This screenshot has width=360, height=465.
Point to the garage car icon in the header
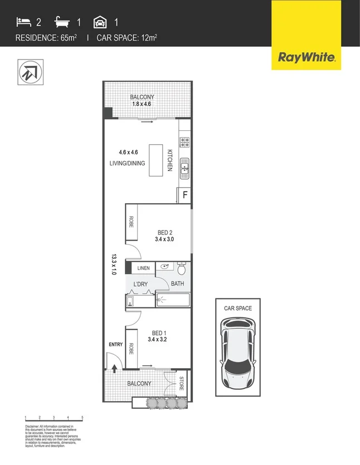(x=100, y=22)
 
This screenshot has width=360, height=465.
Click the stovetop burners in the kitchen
(x=184, y=141)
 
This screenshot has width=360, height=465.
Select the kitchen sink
(x=184, y=167)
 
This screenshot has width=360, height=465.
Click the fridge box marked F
(x=183, y=195)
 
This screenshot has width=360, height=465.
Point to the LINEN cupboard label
(x=144, y=268)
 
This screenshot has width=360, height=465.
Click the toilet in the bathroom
(x=181, y=270)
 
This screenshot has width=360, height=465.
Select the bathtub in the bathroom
(x=173, y=300)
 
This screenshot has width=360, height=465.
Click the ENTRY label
(x=115, y=344)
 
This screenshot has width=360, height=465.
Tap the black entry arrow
(x=114, y=368)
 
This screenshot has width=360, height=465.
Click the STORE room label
(x=182, y=383)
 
